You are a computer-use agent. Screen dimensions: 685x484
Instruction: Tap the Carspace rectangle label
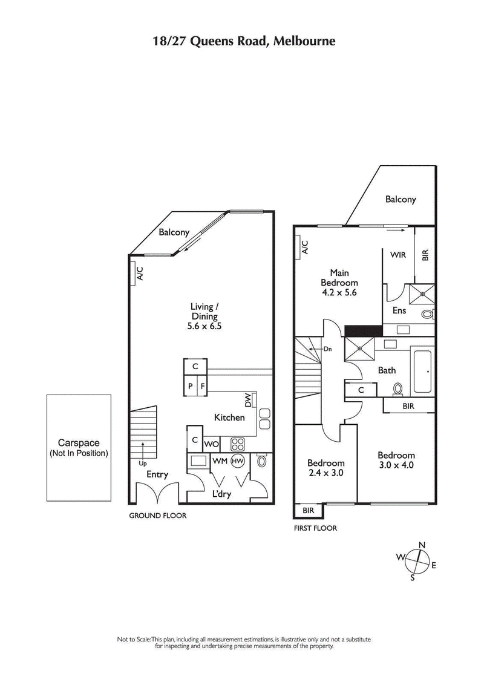tap(79, 448)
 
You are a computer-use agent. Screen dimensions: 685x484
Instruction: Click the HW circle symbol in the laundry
tap(238, 461)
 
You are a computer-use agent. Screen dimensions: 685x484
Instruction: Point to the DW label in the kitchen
tap(249, 401)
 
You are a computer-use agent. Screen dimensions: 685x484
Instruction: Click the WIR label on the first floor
tap(397, 255)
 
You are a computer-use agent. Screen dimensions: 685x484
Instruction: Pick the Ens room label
tap(399, 311)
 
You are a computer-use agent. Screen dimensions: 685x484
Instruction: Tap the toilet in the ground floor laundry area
tap(261, 462)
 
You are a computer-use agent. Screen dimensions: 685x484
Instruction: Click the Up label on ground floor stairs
tap(142, 463)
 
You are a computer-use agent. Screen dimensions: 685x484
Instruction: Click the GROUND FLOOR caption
tap(158, 516)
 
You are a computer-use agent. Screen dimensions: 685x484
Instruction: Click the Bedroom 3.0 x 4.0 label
tap(396, 460)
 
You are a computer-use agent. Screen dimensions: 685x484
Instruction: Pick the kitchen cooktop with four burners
tap(237, 444)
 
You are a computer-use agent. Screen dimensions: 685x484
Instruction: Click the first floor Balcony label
tap(401, 199)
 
